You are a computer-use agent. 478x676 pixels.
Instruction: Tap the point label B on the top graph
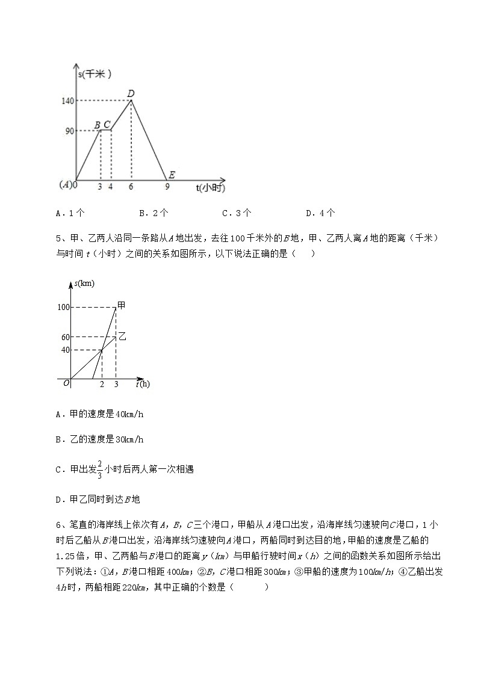98,125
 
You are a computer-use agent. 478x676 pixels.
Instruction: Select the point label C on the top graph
107,125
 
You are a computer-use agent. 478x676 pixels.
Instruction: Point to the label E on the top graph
172,175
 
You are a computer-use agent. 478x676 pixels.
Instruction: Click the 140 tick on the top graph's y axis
67,101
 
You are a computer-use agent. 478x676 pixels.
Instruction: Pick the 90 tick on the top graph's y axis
69,131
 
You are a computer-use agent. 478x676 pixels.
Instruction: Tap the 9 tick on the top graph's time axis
167,187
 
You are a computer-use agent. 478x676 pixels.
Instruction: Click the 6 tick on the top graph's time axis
131,187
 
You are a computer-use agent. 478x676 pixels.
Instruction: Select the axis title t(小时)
210,188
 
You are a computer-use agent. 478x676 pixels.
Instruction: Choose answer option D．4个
320,212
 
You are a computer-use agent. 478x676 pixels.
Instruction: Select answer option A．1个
69,212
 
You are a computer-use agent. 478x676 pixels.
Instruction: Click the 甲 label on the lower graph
121,305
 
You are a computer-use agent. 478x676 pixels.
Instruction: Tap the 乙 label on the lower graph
122,335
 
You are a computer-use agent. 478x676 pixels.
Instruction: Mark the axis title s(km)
84,283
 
